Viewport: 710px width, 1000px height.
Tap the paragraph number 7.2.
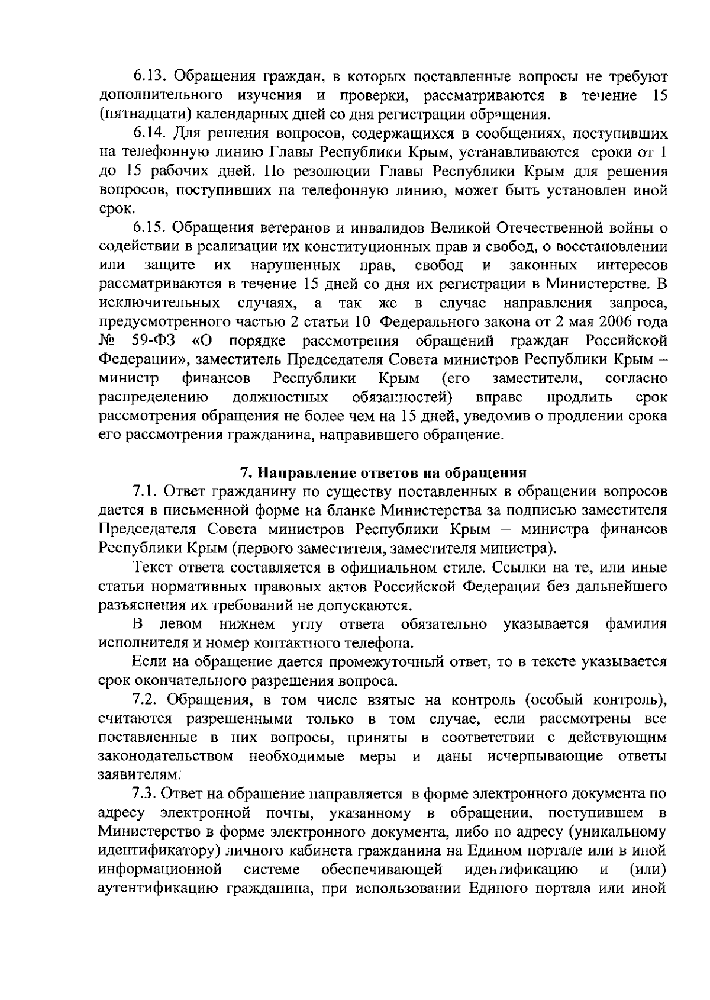click(x=147, y=700)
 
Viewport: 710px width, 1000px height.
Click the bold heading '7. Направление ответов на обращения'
click(x=383, y=473)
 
